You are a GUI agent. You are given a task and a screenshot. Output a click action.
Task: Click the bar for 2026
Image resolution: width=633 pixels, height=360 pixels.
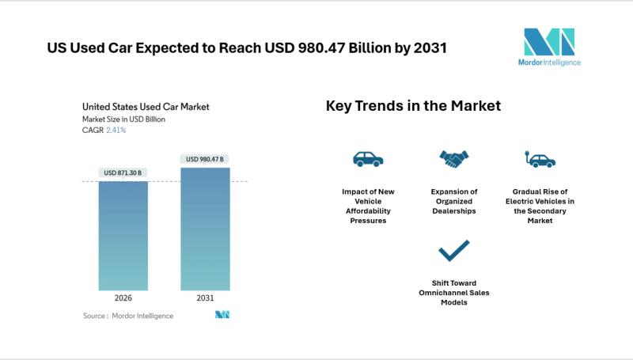tap(123, 236)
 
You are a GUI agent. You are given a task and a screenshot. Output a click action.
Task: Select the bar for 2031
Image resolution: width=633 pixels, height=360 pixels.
tap(205, 229)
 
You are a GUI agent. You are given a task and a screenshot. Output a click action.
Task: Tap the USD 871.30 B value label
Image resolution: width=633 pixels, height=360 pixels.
tap(123, 172)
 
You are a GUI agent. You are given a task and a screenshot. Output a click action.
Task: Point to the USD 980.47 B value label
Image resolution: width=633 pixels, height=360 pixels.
tap(205, 159)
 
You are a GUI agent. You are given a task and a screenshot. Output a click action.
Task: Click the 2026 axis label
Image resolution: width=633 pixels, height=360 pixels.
tap(123, 298)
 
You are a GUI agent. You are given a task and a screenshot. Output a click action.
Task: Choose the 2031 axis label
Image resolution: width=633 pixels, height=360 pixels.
tap(205, 298)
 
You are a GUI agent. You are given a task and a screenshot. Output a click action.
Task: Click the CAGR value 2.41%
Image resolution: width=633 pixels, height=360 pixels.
tap(116, 130)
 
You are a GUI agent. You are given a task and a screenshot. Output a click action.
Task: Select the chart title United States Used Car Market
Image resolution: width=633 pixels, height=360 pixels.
tap(146, 106)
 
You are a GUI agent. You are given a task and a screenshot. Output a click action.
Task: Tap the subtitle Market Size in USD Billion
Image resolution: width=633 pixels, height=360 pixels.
tap(123, 119)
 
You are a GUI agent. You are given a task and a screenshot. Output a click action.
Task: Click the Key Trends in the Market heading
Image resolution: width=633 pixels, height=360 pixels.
tap(413, 106)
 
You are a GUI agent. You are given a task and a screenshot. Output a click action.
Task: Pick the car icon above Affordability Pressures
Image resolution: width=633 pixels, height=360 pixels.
tap(368, 159)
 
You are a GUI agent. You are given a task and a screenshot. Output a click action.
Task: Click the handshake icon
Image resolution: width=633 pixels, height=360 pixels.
tap(453, 159)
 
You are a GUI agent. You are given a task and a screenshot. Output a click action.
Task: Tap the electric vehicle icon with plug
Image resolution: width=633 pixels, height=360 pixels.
tap(540, 159)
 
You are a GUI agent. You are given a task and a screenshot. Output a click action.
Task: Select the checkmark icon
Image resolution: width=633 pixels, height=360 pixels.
tap(453, 251)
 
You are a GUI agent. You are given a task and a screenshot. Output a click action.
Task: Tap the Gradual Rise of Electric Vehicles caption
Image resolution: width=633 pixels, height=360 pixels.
tap(540, 206)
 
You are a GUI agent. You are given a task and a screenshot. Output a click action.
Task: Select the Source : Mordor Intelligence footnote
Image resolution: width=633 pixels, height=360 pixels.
tap(128, 316)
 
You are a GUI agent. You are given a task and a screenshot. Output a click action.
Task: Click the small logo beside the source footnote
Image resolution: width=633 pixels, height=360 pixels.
tap(222, 315)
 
